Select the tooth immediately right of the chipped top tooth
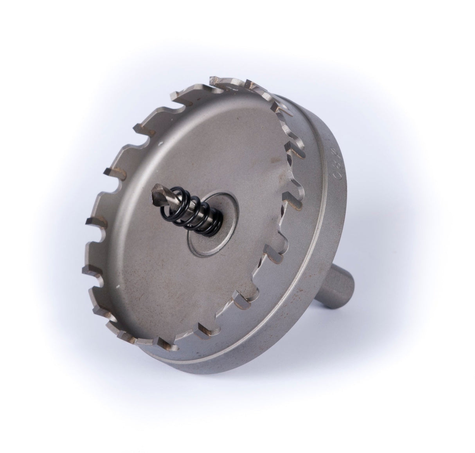250,84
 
